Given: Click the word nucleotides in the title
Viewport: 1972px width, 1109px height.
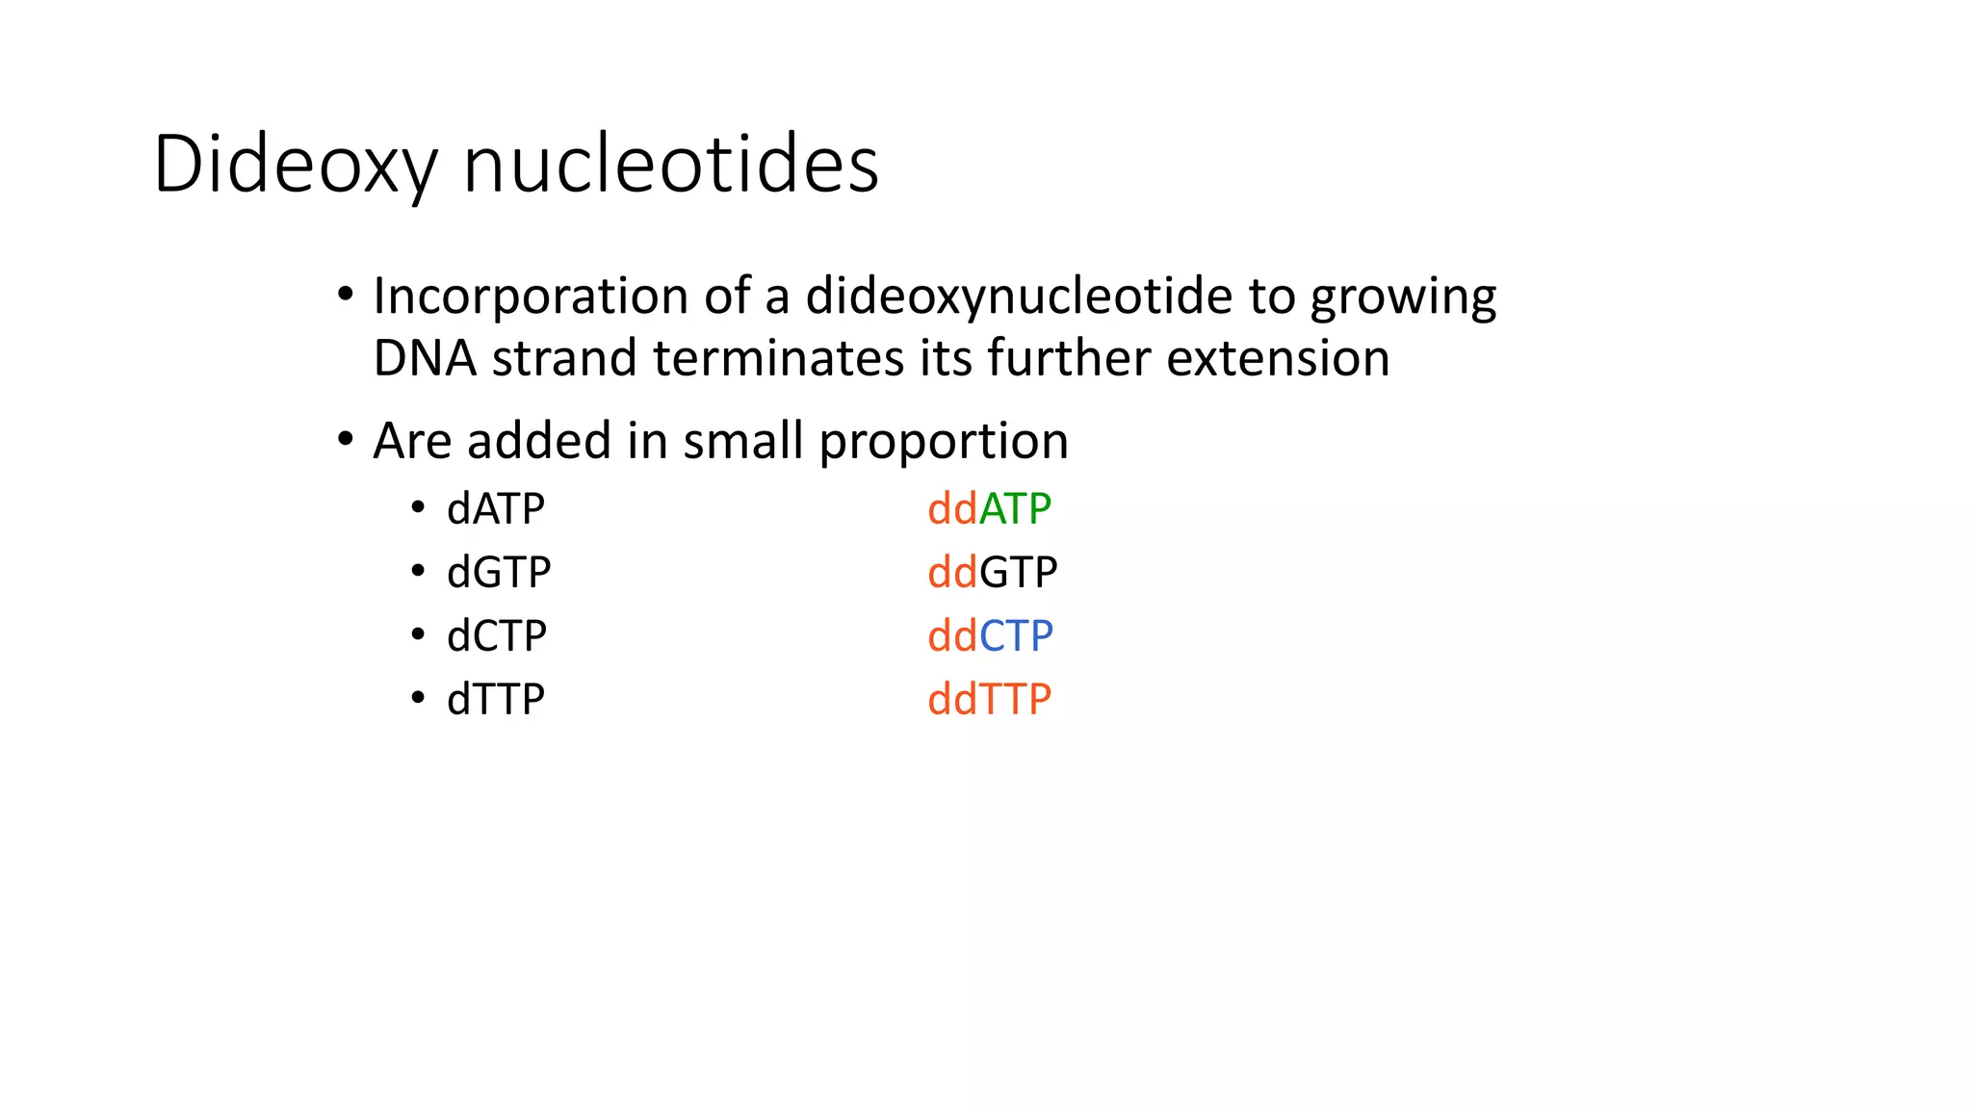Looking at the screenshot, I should [670, 166].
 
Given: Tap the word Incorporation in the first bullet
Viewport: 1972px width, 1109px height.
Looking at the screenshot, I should [530, 297].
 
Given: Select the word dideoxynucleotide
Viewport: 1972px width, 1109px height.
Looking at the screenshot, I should [1019, 297].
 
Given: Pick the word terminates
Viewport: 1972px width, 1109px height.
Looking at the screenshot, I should [778, 358].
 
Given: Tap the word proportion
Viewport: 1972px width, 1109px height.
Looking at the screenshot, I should [944, 443].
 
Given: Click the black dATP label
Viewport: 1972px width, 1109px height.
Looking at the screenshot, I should [496, 508].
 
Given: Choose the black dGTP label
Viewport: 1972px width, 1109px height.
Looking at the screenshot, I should [499, 573].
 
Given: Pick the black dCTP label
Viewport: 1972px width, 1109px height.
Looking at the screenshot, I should [497, 636].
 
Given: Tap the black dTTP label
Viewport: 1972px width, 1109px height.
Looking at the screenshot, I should [496, 700].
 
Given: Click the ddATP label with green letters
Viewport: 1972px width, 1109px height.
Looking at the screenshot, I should [989, 508].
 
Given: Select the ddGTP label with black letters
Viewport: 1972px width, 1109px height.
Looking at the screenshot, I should [992, 573].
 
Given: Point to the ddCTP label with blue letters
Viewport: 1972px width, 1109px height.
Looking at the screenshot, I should [990, 636].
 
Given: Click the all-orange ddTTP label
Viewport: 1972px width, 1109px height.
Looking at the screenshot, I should [989, 700].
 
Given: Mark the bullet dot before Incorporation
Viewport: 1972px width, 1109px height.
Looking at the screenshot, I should [346, 294].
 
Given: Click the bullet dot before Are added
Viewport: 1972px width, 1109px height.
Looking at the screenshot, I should [346, 440].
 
